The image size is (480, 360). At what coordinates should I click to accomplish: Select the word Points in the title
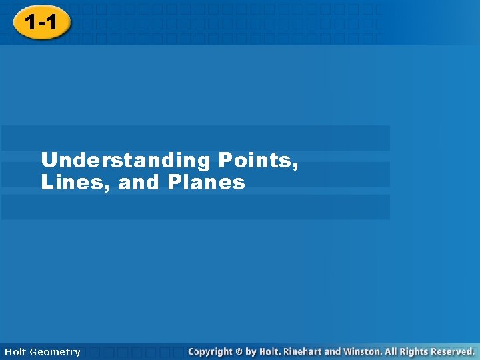254,160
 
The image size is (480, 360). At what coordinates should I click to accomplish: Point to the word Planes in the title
206,182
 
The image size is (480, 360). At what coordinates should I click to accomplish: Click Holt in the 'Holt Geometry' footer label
16,352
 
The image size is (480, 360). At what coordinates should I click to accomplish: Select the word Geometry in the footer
56,352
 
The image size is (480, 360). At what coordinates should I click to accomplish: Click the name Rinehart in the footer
303,351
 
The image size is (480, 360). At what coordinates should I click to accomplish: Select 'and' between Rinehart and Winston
333,351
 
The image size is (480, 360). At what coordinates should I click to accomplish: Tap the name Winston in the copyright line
363,351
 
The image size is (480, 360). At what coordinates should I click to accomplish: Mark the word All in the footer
392,351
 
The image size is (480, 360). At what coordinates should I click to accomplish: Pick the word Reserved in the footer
451,351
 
